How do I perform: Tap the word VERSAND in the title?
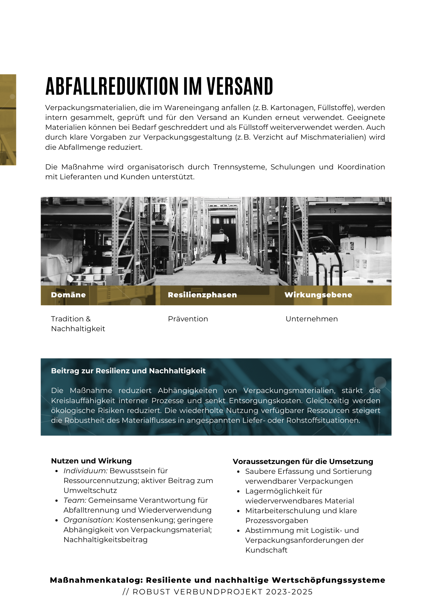(x=240, y=86)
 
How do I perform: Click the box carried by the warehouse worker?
(x=219, y=239)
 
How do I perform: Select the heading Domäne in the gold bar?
(x=68, y=295)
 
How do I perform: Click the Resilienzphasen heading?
(x=202, y=295)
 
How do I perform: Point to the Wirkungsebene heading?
(x=318, y=295)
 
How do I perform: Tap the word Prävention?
(x=188, y=319)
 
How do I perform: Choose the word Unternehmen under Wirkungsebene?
(x=312, y=319)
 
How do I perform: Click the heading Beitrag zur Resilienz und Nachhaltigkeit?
(x=128, y=371)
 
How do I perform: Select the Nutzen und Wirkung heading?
(x=91, y=461)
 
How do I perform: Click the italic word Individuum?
(x=85, y=471)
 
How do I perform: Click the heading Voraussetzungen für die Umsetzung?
(x=303, y=462)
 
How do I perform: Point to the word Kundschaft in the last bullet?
(x=266, y=550)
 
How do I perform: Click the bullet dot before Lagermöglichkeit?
(x=238, y=491)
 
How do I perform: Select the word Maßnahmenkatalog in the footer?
(x=97, y=580)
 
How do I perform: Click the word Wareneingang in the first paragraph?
(x=191, y=108)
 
